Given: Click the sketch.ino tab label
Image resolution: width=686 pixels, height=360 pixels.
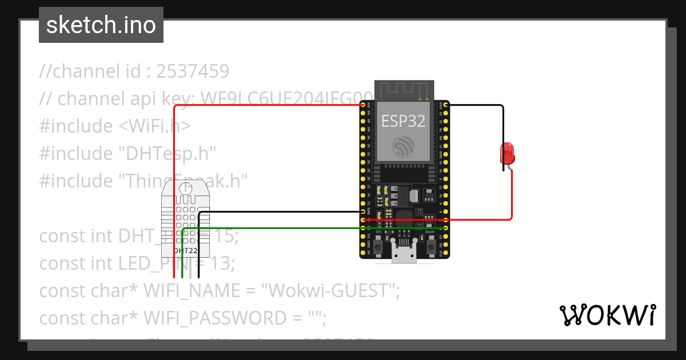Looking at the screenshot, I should [x=101, y=25].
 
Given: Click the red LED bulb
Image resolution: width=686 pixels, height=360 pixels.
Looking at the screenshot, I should [x=507, y=154].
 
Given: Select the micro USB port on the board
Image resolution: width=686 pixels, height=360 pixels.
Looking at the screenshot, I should [x=405, y=255].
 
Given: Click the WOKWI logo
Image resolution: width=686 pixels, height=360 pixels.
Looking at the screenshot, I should [x=607, y=315].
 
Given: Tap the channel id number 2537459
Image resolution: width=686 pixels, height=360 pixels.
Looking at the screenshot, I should [x=193, y=71].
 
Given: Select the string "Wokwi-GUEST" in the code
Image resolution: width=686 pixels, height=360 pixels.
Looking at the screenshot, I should [x=329, y=291].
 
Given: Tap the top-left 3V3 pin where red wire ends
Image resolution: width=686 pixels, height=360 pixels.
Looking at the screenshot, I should [x=364, y=105].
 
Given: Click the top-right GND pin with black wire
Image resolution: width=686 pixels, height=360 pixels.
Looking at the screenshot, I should [x=445, y=105].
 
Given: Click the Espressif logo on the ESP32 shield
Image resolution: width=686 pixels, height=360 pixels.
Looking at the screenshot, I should [x=404, y=147].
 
